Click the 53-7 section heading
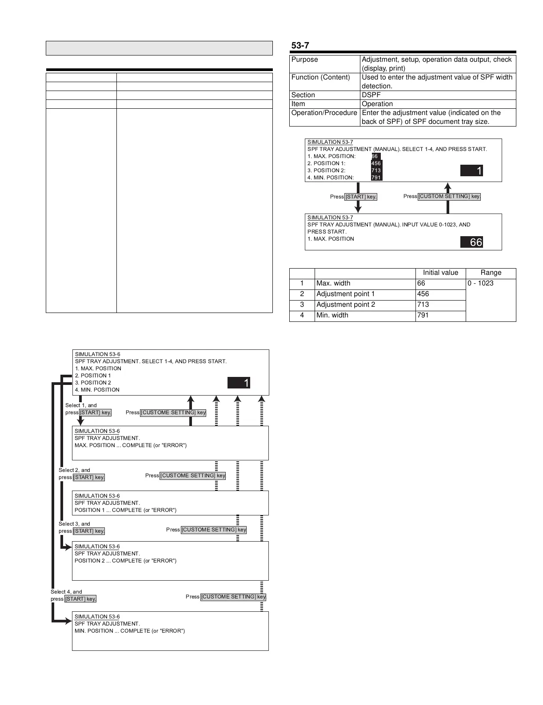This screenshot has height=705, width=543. pos(300,45)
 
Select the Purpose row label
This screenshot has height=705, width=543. pos(305,59)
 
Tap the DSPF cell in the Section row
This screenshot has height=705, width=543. pos(371,95)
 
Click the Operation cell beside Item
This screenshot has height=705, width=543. pos(377,104)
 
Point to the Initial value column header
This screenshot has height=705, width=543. pos(440,273)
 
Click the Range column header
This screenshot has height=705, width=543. pos(491,273)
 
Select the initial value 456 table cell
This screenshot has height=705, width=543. pos(423,294)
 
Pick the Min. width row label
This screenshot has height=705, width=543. pos(332,315)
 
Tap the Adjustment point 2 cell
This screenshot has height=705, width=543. pos(346,305)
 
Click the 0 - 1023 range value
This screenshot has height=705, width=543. pos(480,283)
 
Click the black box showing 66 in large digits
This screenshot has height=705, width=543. pos(471,242)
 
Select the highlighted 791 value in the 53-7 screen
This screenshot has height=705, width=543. pos(376,178)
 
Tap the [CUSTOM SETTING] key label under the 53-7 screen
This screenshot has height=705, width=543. pos(449,196)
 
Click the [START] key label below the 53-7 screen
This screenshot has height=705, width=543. pos(361,197)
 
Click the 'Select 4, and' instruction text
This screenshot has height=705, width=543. pos(66,592)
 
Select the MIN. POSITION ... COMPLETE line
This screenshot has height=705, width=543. pos(130,631)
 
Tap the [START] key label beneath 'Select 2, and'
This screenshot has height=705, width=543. pos(89,477)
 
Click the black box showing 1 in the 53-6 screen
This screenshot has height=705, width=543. pos(239,383)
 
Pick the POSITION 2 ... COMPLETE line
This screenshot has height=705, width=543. pos(125,561)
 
